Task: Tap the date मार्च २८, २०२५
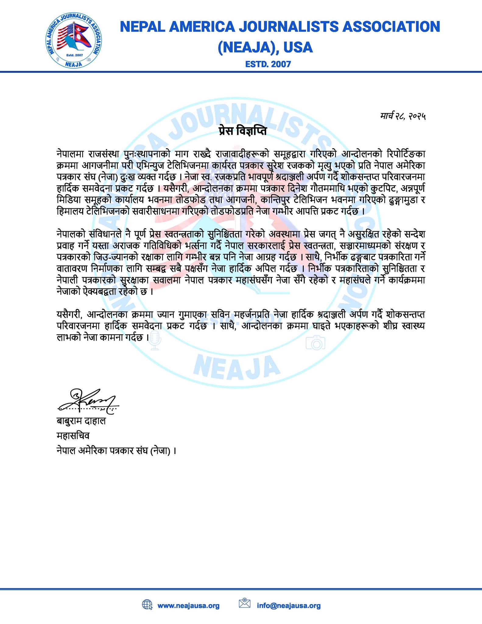pos(403,116)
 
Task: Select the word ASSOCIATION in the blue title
pos(391,27)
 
